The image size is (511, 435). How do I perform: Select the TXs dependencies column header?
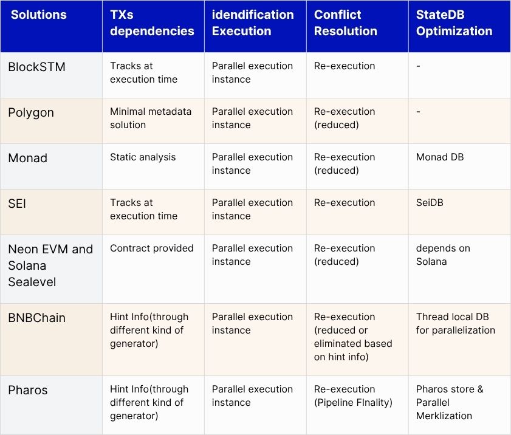(x=152, y=23)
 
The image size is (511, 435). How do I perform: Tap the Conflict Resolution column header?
(x=345, y=23)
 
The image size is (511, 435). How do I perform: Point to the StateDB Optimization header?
(x=454, y=23)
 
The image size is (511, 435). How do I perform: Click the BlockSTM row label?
(x=36, y=67)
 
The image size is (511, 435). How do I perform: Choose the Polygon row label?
(x=31, y=112)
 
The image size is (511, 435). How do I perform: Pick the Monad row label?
(x=27, y=158)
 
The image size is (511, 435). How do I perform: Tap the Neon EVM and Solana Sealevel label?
(x=50, y=265)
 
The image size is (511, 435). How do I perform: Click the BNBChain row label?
(x=36, y=318)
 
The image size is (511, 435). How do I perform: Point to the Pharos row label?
(x=28, y=390)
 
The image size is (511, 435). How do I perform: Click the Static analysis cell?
(x=143, y=157)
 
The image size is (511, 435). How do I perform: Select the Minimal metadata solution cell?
(x=150, y=118)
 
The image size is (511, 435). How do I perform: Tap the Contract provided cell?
(x=151, y=248)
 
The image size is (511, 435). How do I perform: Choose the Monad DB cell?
(x=439, y=157)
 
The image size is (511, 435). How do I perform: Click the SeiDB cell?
(x=430, y=203)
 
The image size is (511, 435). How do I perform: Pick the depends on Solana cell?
(x=443, y=255)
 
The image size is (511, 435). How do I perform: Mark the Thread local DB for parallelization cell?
(x=455, y=324)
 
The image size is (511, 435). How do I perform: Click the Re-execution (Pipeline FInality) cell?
(x=352, y=396)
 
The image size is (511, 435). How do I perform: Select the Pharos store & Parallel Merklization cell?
(x=450, y=402)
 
